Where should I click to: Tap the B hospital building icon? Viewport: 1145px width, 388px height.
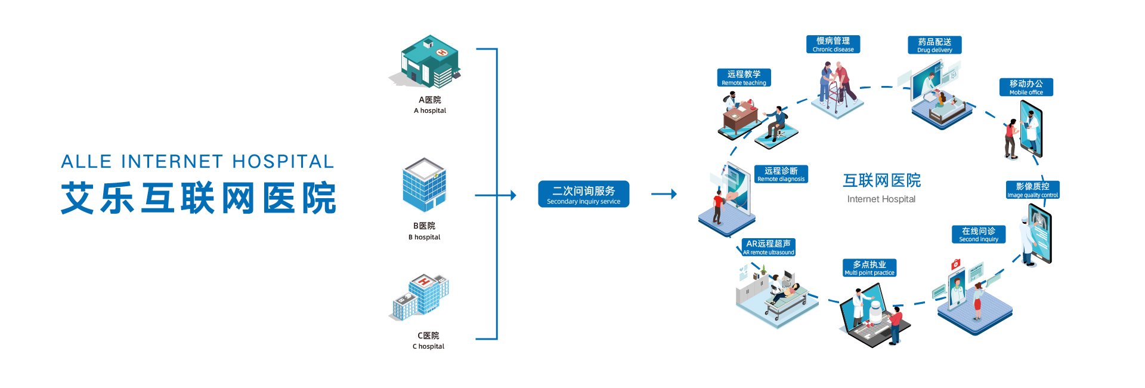pos(424,185)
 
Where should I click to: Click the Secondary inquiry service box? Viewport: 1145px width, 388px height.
pos(583,194)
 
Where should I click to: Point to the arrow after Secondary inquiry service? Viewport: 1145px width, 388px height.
pos(664,194)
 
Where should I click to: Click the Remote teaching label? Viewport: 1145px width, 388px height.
pos(744,78)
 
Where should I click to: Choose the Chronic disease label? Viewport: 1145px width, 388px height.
pos(833,44)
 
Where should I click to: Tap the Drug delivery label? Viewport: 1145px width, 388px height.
pos(934,45)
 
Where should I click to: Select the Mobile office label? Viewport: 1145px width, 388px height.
pos(1026,87)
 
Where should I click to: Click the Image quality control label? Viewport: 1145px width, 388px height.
pos(1032,190)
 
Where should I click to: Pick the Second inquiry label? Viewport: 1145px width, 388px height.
pos(979,234)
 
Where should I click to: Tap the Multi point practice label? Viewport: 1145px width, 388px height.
pos(869,267)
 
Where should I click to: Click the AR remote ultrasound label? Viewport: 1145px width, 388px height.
pos(768,247)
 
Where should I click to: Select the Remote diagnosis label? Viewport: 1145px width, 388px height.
pos(781,174)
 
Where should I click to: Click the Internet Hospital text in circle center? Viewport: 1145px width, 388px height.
pos(881,199)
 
